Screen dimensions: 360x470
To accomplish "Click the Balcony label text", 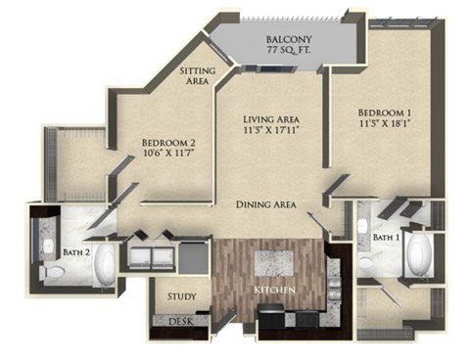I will (290, 41).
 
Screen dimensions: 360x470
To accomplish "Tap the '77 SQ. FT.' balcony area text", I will (290, 55).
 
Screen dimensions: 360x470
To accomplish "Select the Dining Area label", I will (267, 204).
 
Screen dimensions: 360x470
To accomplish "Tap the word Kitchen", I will (275, 292).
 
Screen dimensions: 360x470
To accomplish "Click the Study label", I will (181, 296).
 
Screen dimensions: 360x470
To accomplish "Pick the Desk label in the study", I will (180, 321).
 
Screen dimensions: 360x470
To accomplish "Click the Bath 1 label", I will (389, 237).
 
